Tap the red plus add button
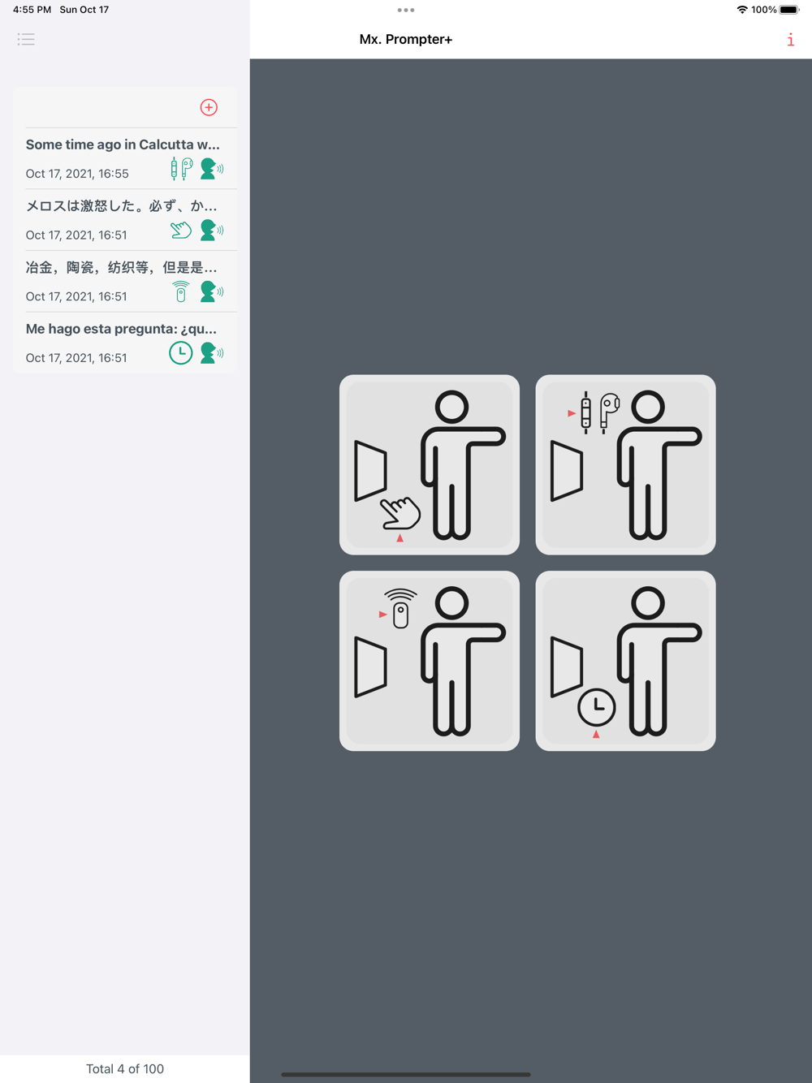pyautogui.click(x=209, y=107)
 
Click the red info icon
pyautogui.click(x=790, y=40)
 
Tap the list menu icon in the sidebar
pyautogui.click(x=26, y=39)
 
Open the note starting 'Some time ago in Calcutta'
pyautogui.click(x=123, y=145)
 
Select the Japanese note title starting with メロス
pyautogui.click(x=121, y=205)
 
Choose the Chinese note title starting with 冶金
pyautogui.click(x=121, y=267)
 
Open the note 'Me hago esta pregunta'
pyautogui.click(x=121, y=329)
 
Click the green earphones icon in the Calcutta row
pyautogui.click(x=182, y=169)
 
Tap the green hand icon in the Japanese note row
pyautogui.click(x=181, y=231)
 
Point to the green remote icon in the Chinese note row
pyautogui.click(x=181, y=291)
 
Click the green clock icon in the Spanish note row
pyautogui.click(x=181, y=353)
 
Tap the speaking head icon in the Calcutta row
pyautogui.click(x=212, y=169)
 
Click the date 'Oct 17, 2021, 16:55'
pyautogui.click(x=77, y=174)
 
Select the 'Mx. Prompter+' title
pyautogui.click(x=405, y=40)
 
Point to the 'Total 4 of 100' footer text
pyautogui.click(x=125, y=1068)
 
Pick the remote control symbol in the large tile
pyautogui.click(x=400, y=609)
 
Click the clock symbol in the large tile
pyautogui.click(x=597, y=708)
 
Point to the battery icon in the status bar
pyautogui.click(x=788, y=10)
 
